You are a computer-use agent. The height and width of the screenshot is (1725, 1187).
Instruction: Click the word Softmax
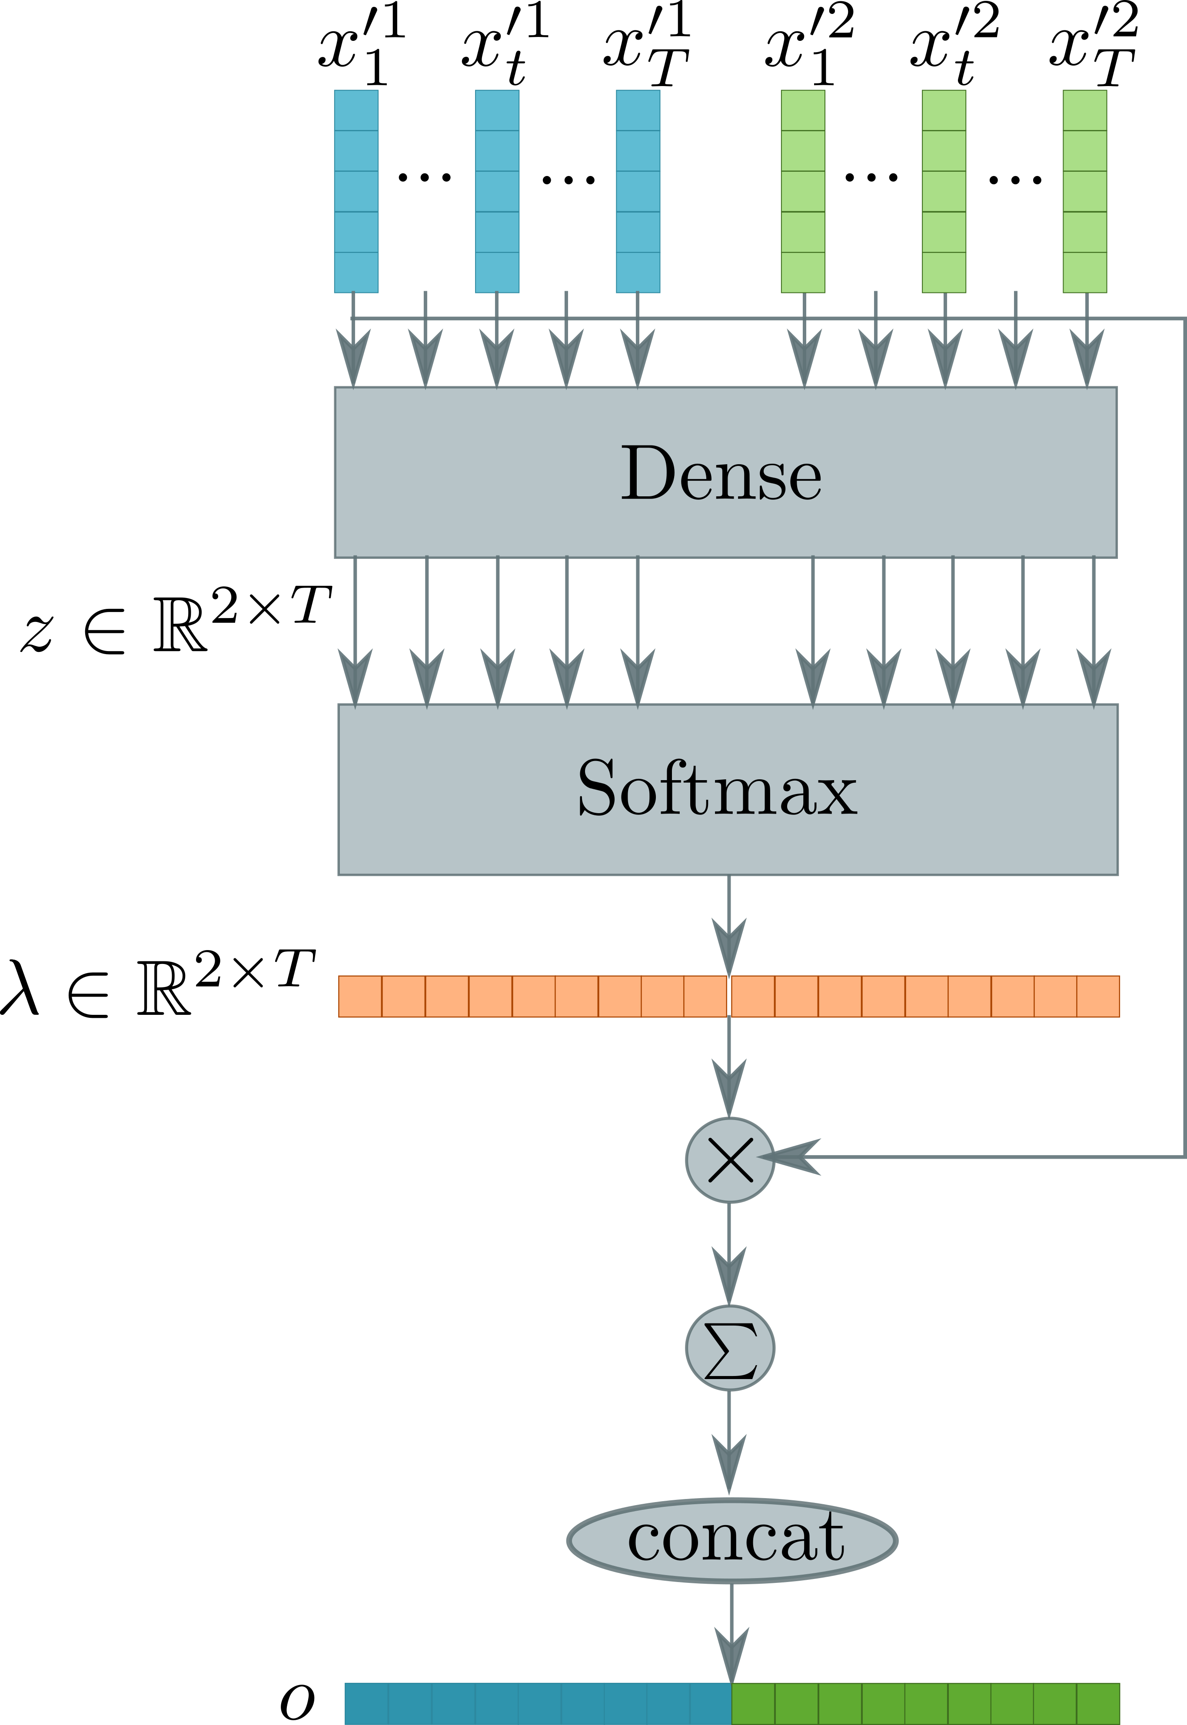point(717,788)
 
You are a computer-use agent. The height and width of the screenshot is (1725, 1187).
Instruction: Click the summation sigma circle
point(730,1348)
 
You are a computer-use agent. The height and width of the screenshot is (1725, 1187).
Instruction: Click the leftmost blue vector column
point(356,191)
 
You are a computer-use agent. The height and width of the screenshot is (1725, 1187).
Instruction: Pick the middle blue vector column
point(497,191)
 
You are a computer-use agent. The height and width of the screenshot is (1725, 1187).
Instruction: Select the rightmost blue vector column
point(638,191)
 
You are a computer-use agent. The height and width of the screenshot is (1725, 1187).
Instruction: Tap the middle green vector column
point(944,191)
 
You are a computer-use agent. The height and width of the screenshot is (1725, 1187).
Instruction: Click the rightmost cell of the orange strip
point(1098,996)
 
